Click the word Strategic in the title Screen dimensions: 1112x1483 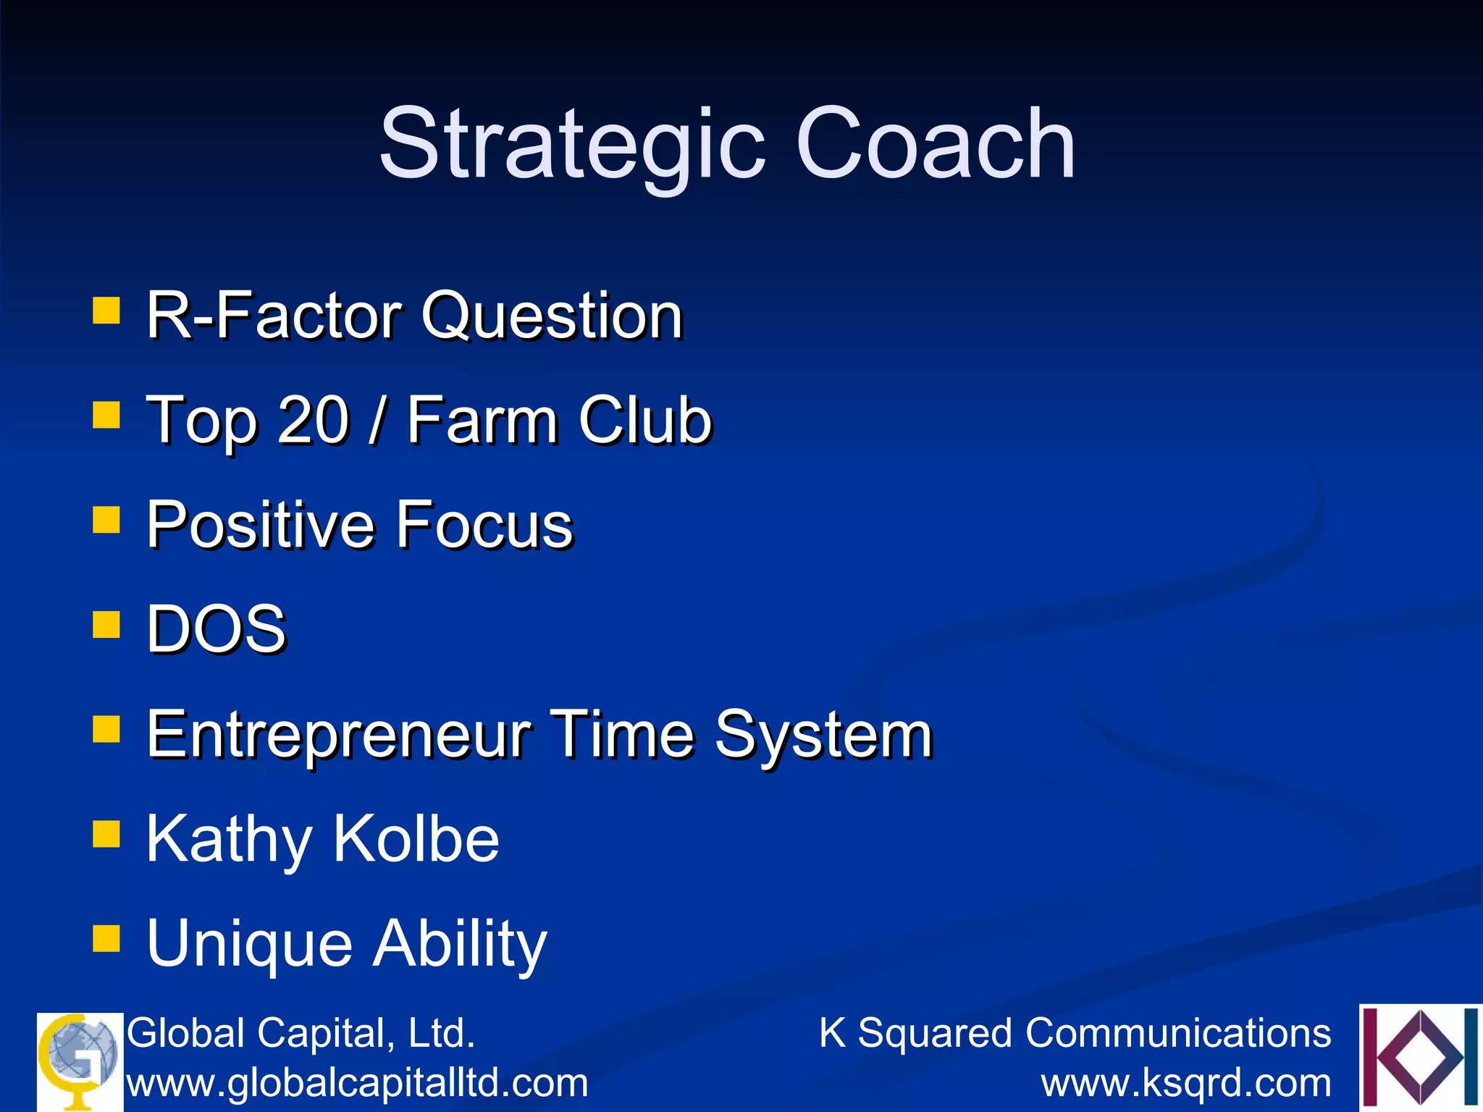coord(572,145)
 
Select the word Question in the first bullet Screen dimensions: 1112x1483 coord(552,317)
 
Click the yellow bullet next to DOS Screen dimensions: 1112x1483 coord(106,624)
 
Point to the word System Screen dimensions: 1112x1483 coord(823,735)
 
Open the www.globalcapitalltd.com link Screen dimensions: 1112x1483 coord(358,1084)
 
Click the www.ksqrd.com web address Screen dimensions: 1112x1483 coord(1186,1084)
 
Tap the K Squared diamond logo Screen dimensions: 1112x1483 coord(1419,1057)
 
